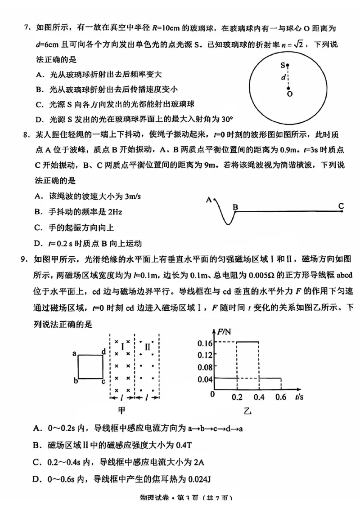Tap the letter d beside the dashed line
pyautogui.click(x=283, y=77)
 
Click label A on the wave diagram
pyautogui.click(x=209, y=199)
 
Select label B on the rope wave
pyautogui.click(x=235, y=207)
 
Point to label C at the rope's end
pyautogui.click(x=341, y=206)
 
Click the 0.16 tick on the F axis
pyautogui.click(x=204, y=343)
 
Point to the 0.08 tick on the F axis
pyautogui.click(x=204, y=366)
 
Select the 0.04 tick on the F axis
pyautogui.click(x=204, y=379)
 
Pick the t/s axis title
pyautogui.click(x=300, y=397)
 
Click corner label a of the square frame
pyautogui.click(x=74, y=354)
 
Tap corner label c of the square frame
pyautogui.click(x=103, y=381)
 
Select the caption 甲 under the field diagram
pyautogui.click(x=122, y=410)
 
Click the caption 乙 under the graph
pyautogui.click(x=247, y=410)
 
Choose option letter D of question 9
pyautogui.click(x=38, y=480)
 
